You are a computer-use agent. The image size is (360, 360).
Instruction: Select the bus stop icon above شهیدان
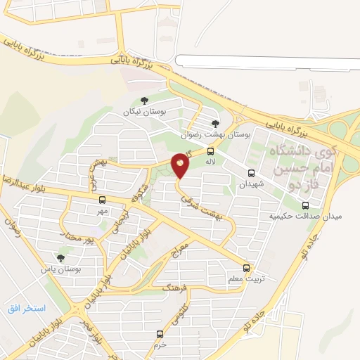251,172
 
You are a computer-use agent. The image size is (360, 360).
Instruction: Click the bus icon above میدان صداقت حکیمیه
305,205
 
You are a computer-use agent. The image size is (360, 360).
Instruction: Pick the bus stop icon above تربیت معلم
246,267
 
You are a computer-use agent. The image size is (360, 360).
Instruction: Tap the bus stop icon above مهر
103,200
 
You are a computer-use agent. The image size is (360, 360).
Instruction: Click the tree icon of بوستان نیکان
144,100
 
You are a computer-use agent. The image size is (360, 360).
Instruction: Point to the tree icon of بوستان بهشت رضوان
215,124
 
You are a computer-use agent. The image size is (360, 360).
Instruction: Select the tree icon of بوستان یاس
61,258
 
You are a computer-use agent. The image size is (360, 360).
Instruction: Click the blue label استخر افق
27,309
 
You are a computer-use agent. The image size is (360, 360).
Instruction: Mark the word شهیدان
251,184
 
